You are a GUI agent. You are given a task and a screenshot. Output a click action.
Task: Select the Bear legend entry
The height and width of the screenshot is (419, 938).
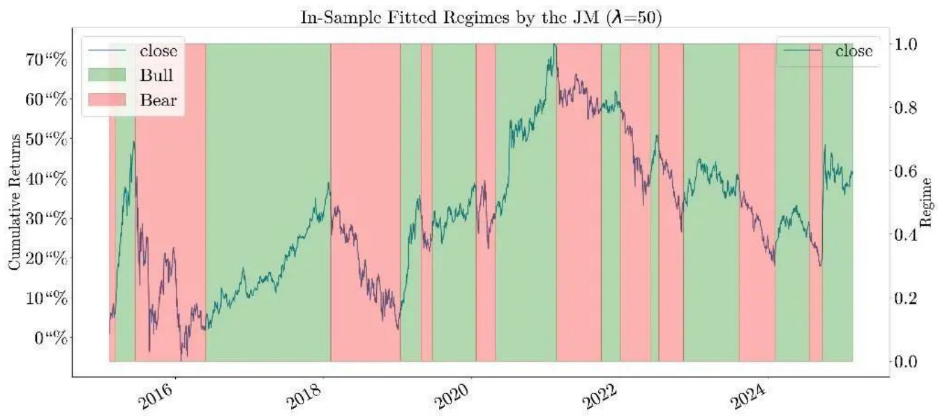(x=158, y=100)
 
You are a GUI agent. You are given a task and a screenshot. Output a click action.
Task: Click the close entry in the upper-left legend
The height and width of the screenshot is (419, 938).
(x=158, y=51)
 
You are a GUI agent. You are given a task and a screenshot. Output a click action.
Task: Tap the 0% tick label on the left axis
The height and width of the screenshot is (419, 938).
(x=52, y=339)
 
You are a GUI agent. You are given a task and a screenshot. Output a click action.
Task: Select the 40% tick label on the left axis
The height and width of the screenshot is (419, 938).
(x=48, y=179)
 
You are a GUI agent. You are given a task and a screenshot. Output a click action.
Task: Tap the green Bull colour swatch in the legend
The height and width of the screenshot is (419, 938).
(x=105, y=75)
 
